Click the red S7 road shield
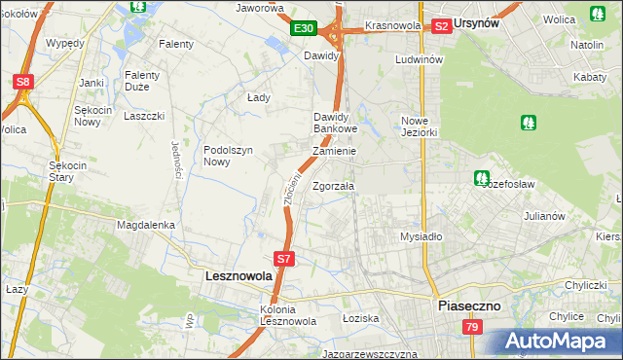tap(283, 259)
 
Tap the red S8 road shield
tap(22, 83)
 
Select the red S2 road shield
tap(441, 26)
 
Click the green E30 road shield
tap(304, 28)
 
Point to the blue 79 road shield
tap(471, 327)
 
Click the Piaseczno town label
tap(468, 305)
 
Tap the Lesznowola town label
tap(239, 276)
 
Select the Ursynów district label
tap(479, 24)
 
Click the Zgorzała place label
tap(334, 185)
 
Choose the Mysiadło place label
tap(421, 236)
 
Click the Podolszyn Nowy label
tap(229, 156)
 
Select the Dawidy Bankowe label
tap(336, 123)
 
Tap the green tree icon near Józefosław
tap(481, 178)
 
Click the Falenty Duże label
tap(142, 81)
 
